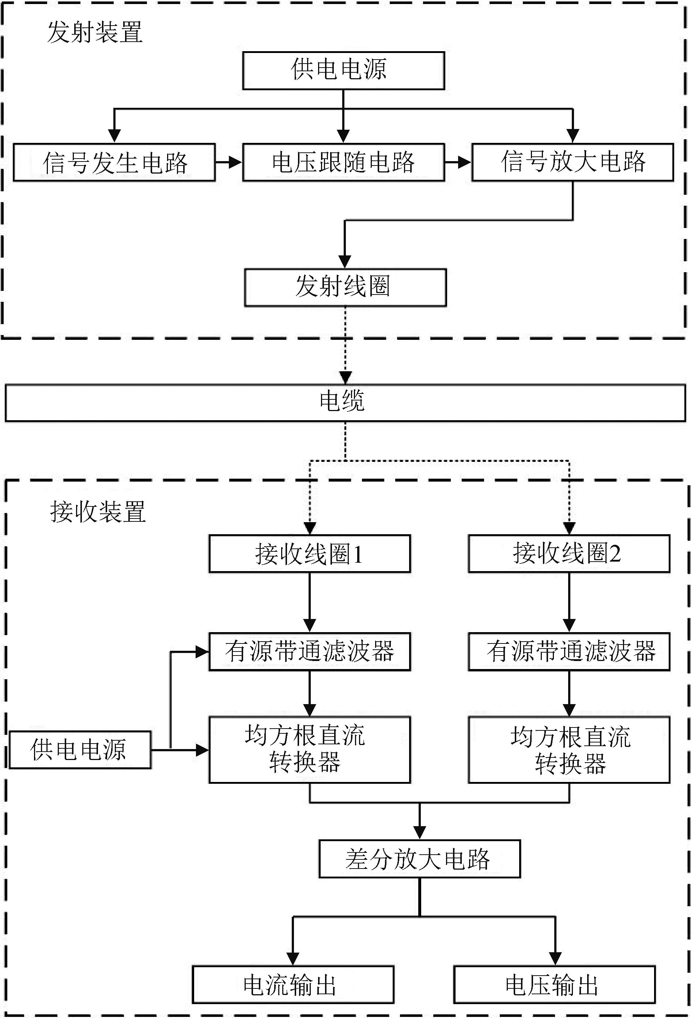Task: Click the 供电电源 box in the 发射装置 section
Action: (x=344, y=71)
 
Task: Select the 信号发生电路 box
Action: (x=114, y=162)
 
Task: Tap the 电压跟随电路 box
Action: (x=344, y=162)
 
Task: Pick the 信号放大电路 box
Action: (x=572, y=162)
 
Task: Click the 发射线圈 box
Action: (x=345, y=287)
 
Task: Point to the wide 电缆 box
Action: (x=345, y=403)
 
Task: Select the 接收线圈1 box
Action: (x=310, y=553)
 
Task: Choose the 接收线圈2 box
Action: (x=569, y=553)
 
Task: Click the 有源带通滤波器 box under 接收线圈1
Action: (x=310, y=652)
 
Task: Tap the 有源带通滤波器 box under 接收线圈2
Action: (x=569, y=652)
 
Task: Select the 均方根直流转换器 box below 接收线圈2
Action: (x=569, y=749)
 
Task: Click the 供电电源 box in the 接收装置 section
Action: (x=80, y=749)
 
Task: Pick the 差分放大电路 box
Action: (x=420, y=859)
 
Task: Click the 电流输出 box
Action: (x=293, y=984)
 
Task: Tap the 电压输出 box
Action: (x=555, y=984)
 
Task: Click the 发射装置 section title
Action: (x=95, y=33)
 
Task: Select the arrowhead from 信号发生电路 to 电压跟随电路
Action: (x=235, y=163)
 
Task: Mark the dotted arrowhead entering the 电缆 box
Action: (x=345, y=377)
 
